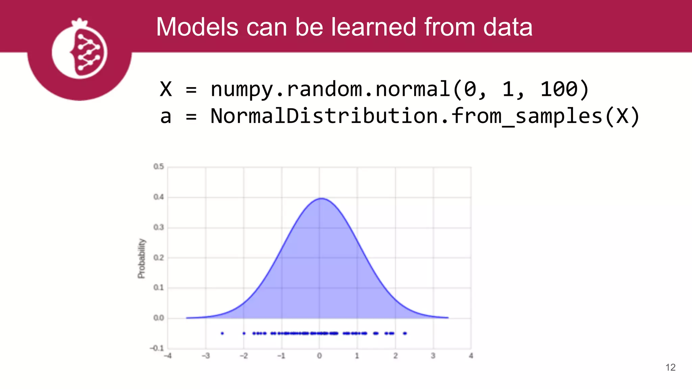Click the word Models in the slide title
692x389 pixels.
(197, 27)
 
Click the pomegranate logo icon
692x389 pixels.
(80, 51)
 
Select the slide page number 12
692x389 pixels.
(670, 367)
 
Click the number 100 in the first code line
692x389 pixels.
(559, 89)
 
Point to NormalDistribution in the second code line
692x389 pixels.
(324, 116)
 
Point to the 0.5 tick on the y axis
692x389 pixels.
(158, 166)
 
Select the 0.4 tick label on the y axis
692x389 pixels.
(158, 197)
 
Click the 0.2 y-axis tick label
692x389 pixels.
(158, 258)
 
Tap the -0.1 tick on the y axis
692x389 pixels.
(157, 348)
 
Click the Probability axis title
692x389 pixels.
(142, 258)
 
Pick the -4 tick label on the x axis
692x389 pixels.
(168, 356)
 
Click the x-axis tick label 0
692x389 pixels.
(319, 356)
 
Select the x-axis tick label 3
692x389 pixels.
(433, 356)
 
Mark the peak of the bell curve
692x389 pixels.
(321, 199)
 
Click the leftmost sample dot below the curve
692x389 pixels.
(222, 333)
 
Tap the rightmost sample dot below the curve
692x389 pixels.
(405, 333)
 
